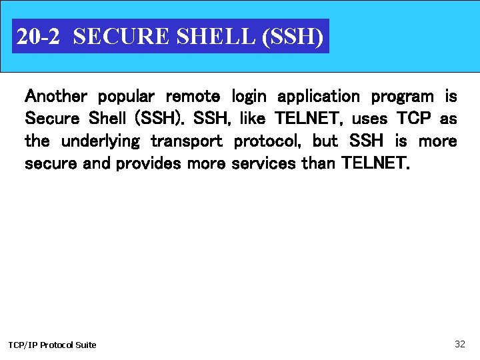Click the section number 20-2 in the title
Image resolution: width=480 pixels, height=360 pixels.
37,37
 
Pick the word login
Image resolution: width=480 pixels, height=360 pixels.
249,97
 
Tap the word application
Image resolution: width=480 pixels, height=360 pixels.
319,97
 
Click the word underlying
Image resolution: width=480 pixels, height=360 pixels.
101,142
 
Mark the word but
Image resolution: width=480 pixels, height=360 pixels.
325,141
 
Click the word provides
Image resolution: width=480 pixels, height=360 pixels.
148,164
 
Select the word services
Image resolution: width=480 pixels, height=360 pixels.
263,164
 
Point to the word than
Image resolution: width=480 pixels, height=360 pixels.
318,164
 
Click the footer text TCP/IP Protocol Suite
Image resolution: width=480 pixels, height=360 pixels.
52,345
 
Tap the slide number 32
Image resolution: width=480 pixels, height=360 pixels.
459,344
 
